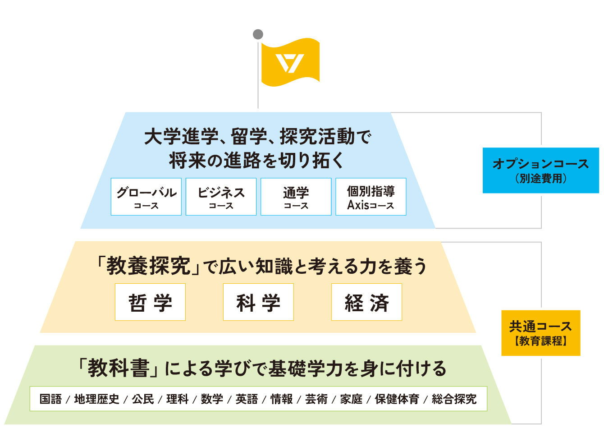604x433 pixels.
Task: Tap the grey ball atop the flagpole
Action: click(258, 34)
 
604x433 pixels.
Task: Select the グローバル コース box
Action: click(146, 197)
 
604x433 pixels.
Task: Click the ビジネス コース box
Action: click(221, 197)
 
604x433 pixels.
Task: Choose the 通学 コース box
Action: click(296, 197)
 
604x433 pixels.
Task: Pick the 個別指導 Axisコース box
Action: click(371, 197)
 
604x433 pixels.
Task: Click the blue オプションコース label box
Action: click(540, 170)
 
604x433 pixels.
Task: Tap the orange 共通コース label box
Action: click(540, 333)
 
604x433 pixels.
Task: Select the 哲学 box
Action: click(150, 302)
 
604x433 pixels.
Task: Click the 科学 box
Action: click(258, 302)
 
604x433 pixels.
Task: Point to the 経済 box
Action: click(366, 302)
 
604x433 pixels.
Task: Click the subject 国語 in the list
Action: click(50, 399)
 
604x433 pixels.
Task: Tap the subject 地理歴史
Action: click(96, 399)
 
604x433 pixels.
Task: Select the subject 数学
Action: click(212, 399)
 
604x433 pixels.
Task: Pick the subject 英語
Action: click(247, 399)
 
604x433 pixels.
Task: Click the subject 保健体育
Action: click(397, 399)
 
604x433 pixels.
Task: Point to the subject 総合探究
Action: click(454, 399)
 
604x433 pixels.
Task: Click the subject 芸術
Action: click(316, 399)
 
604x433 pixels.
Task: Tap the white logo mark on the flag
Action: click(290, 63)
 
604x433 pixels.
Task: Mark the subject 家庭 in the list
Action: click(351, 399)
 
